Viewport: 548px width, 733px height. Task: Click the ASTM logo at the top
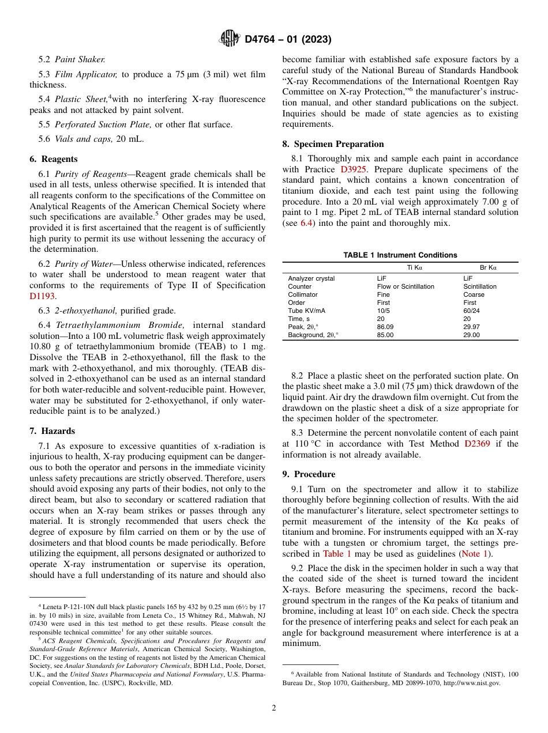[x=230, y=39]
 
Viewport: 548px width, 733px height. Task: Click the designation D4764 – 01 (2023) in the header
[x=288, y=40]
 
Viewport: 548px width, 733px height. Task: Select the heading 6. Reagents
[x=53, y=159]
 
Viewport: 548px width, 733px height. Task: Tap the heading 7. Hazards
[x=52, y=431]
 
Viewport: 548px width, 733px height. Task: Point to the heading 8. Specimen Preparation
[x=333, y=144]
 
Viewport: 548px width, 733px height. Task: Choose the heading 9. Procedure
[x=309, y=474]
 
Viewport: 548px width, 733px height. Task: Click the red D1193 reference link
[x=42, y=296]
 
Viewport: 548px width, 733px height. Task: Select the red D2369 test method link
[x=477, y=444]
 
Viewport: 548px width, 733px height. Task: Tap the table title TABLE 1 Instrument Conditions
[x=400, y=255]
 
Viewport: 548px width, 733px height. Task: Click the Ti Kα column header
[x=414, y=268]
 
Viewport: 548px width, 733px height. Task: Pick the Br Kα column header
[x=488, y=268]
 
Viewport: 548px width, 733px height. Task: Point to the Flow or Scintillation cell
[x=406, y=286]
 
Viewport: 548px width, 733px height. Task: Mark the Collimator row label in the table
[x=303, y=294]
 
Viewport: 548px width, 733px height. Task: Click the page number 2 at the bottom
[x=274, y=708]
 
